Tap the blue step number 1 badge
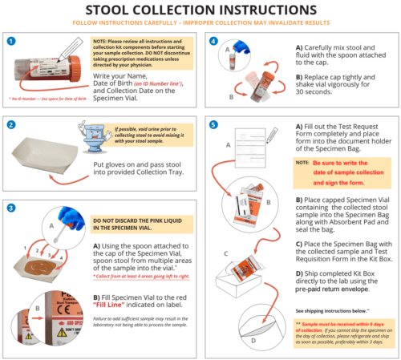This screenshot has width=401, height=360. tap(12, 39)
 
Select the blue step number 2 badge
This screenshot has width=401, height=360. tap(12, 124)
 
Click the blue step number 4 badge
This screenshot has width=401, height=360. tap(212, 39)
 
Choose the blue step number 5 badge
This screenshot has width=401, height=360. tap(212, 124)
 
